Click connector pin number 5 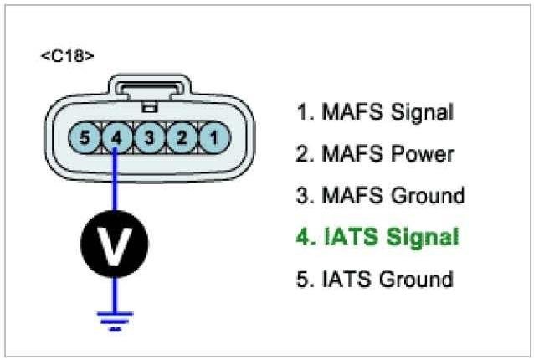coord(85,136)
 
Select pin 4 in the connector coord(117,136)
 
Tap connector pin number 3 coord(150,136)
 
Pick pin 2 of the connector coord(182,136)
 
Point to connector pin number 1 coord(214,136)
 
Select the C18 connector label coord(67,56)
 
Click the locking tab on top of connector coord(150,91)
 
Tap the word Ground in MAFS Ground coord(426,197)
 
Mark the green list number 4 coord(302,238)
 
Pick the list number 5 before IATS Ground coord(302,279)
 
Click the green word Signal coord(420,238)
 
